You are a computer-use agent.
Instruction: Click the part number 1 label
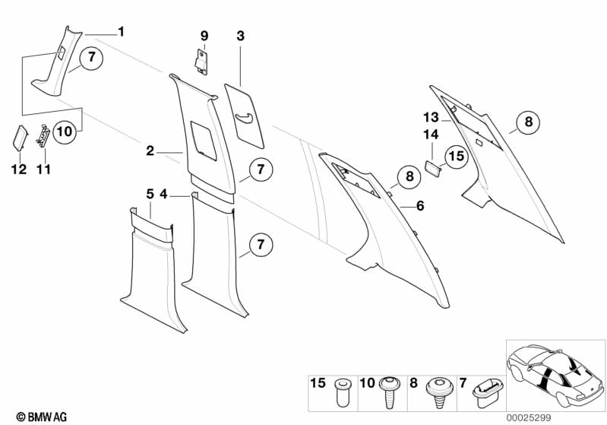click(121, 31)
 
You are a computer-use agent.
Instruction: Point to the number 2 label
click(151, 151)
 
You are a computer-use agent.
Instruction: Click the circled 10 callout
click(65, 132)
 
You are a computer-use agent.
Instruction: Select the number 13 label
click(431, 117)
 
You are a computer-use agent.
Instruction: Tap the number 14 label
click(431, 135)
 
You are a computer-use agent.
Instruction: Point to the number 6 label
click(420, 205)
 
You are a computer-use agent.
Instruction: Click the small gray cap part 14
click(432, 167)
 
